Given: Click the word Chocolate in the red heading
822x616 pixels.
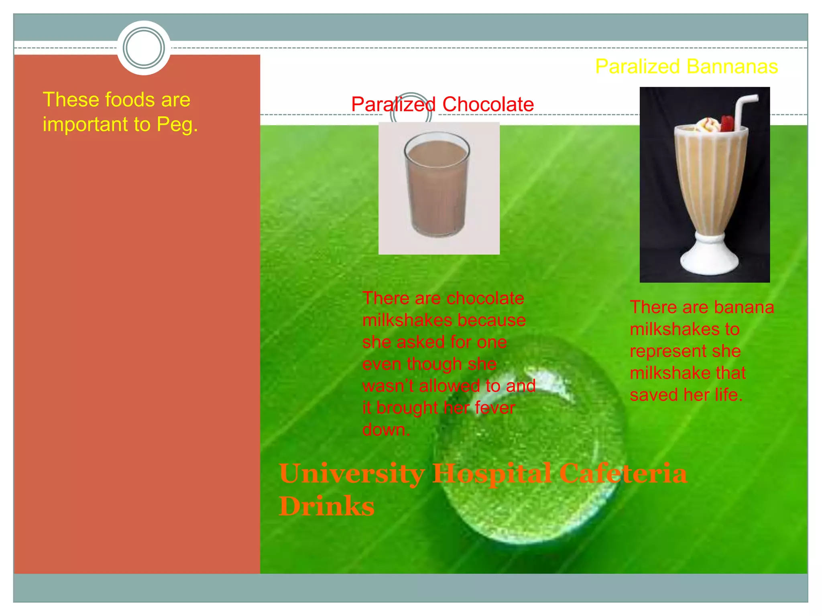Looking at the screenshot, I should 488,105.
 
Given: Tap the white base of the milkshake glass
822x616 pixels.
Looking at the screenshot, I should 709,257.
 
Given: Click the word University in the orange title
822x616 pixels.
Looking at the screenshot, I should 352,474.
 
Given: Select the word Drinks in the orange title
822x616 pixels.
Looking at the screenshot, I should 326,506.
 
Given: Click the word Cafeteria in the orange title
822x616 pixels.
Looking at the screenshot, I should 623,474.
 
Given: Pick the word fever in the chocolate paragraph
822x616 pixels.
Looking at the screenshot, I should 494,408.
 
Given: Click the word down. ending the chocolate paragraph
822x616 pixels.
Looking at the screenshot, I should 386,430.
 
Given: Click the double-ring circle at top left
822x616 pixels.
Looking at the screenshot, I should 144,48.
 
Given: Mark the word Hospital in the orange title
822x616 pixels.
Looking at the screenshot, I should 492,474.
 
